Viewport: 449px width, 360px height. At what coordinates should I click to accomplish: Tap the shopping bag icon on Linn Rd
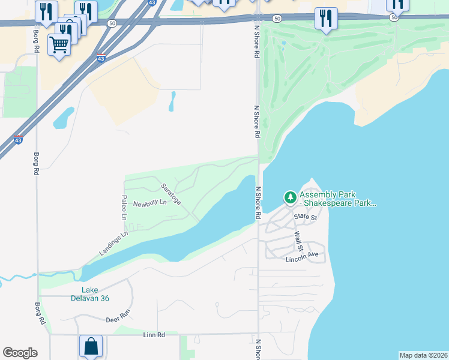91,346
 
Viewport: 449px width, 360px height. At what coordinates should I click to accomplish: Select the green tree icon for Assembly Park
291,197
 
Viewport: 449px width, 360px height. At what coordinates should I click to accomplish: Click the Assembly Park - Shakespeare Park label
337,199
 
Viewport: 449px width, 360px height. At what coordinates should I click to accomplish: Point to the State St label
305,217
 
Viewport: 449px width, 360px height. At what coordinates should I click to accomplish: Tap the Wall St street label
298,242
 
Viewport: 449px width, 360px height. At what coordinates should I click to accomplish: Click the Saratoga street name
170,193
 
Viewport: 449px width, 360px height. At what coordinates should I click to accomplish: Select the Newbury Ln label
149,203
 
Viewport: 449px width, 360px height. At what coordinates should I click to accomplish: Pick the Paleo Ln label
124,207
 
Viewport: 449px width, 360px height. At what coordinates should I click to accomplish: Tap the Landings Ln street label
115,245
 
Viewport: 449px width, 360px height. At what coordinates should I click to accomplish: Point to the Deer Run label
118,314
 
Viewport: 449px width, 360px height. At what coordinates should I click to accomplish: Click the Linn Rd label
154,334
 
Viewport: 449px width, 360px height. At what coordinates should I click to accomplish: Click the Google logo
20,353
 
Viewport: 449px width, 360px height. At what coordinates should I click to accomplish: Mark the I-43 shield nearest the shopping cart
101,59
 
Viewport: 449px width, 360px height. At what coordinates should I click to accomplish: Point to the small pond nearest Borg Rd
64,118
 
